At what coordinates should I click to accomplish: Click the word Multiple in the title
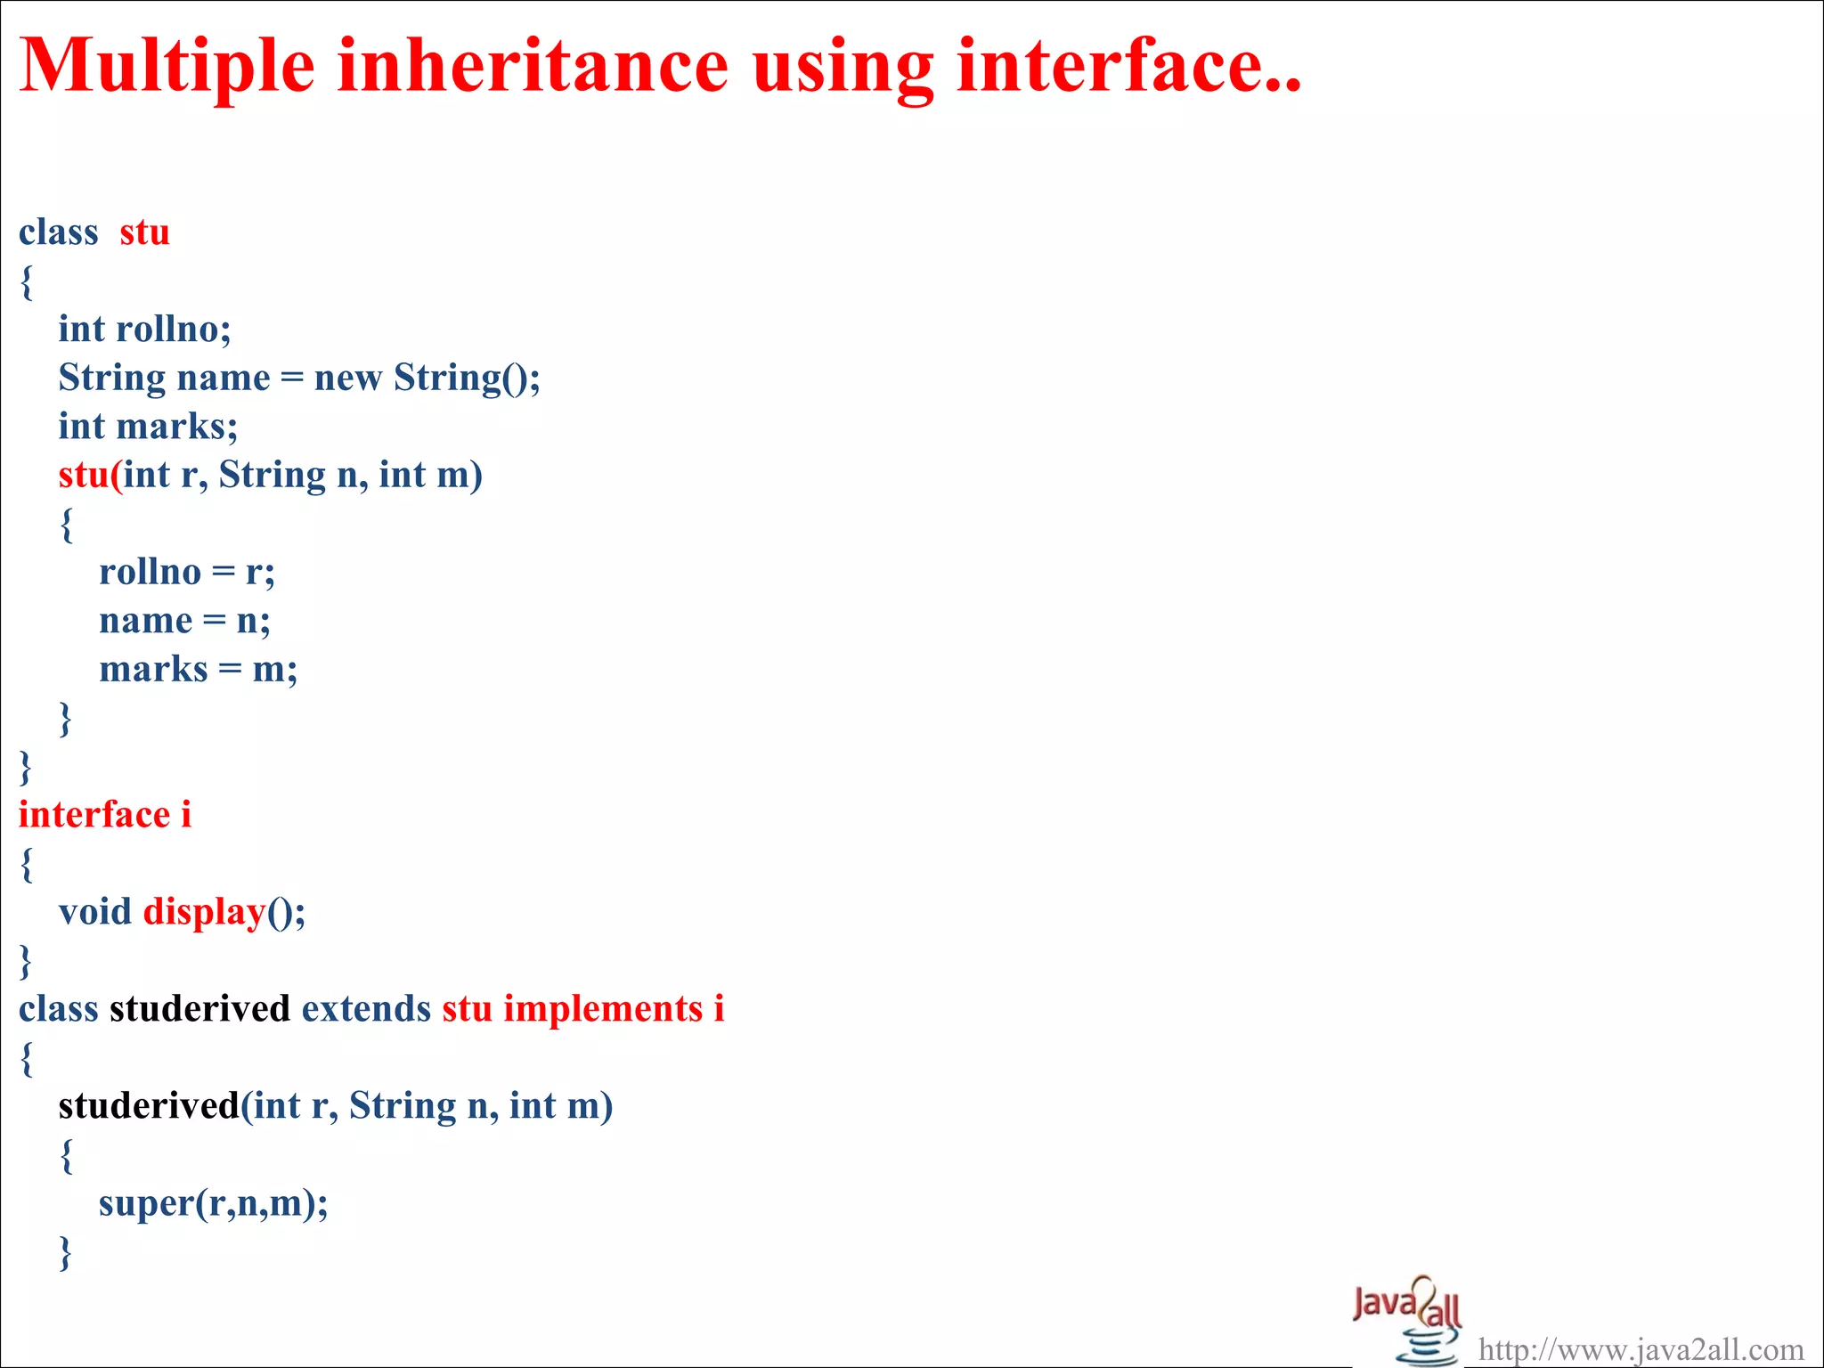(x=167, y=67)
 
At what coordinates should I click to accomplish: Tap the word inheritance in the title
(x=533, y=67)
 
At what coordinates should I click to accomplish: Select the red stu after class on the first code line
(x=144, y=232)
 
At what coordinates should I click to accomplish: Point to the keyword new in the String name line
(x=347, y=379)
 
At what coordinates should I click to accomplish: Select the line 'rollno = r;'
(x=187, y=572)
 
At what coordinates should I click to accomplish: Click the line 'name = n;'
(x=184, y=621)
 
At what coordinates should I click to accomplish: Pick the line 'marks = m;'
(x=198, y=669)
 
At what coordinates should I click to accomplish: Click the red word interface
(x=94, y=815)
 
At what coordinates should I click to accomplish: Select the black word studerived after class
(x=199, y=1009)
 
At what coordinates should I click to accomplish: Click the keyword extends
(x=366, y=1009)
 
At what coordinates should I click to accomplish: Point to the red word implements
(x=603, y=1009)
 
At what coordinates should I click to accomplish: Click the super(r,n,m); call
(x=213, y=1203)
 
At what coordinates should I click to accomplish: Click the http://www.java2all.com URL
(x=1641, y=1350)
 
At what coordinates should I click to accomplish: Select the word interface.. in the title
(x=1128, y=67)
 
